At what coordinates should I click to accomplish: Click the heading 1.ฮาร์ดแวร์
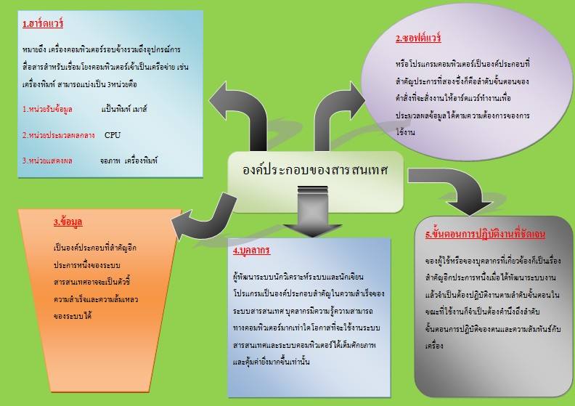tap(43, 24)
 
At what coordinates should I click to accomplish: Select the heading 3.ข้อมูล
tap(66, 222)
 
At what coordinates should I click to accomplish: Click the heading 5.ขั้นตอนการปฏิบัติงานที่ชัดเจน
tap(485, 235)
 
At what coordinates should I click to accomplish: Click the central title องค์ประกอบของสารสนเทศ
tap(315, 171)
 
